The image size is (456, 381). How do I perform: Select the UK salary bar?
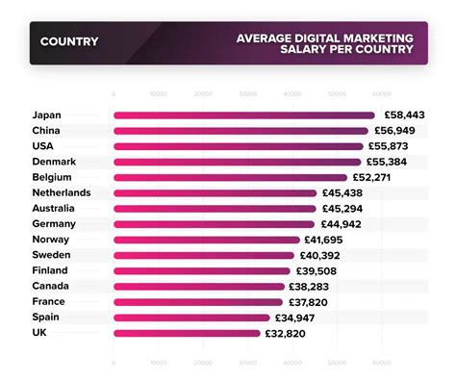pos(188,333)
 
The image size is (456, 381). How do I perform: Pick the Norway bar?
pos(207,240)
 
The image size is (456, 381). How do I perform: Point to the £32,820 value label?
pos(288,333)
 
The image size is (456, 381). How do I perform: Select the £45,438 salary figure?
pos(345,193)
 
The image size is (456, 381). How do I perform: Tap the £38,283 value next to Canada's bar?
pos(312,287)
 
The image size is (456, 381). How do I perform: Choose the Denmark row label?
pos(53,162)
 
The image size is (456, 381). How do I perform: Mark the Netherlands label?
pos(62,193)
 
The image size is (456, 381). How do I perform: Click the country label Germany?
pos(54,224)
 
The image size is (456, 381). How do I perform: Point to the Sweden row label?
pos(52,255)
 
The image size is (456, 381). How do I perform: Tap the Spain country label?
pos(46,317)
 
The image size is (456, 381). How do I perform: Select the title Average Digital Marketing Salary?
pos(326,42)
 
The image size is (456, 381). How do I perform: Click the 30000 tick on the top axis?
pos(247,94)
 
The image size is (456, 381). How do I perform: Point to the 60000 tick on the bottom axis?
pos(382,363)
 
